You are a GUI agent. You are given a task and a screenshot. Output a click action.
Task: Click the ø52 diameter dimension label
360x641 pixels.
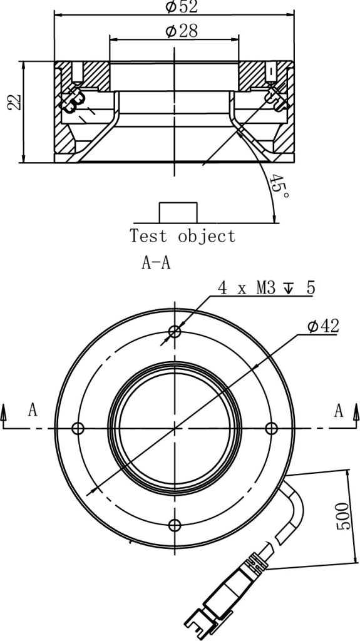pos(182,6)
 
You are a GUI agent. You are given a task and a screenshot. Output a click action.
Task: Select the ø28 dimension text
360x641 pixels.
pos(182,31)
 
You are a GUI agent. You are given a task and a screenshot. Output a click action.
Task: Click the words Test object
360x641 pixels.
pos(183,236)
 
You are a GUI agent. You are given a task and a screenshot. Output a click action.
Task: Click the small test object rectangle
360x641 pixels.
pos(178,213)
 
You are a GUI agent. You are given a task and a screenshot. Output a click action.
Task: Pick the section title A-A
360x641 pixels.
pos(156,264)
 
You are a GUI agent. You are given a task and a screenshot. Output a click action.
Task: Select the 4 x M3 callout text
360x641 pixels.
pos(266,288)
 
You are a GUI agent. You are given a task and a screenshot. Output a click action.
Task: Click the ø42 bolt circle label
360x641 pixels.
pos(324,326)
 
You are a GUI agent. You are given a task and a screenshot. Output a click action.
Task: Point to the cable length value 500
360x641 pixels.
pos(344,516)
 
